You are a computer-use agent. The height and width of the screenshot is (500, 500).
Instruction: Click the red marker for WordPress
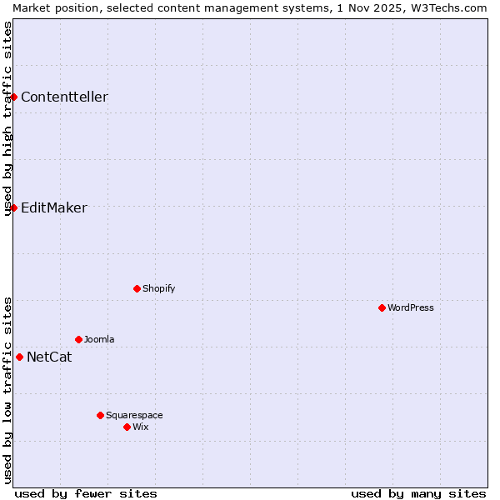pos(382,307)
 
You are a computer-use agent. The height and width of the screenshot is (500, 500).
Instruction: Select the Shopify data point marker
pos(137,288)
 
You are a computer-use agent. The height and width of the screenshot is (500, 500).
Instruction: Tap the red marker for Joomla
pos(78,339)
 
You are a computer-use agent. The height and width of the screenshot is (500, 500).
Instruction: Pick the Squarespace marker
pos(100,415)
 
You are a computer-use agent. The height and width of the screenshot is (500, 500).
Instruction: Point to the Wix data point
pos(127,427)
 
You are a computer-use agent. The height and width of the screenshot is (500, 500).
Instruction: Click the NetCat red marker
pos(19,357)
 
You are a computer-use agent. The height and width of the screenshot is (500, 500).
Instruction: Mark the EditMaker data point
pos(14,207)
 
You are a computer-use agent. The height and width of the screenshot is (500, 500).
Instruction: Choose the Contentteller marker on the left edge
pos(14,97)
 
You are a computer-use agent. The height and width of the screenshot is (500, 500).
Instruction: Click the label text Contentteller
pos(64,97)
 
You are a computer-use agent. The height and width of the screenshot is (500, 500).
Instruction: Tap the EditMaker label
pos(53,207)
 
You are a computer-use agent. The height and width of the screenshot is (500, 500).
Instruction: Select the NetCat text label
pos(49,357)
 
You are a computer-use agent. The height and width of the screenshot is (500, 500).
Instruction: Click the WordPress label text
pos(411,307)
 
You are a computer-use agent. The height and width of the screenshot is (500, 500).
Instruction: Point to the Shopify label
pos(158,288)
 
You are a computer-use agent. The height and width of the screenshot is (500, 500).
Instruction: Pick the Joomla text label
pos(99,339)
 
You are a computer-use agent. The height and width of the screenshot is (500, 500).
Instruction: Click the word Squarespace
pos(134,415)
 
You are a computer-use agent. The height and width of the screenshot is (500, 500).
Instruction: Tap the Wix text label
pos(141,427)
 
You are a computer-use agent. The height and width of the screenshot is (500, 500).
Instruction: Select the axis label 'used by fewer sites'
pos(86,493)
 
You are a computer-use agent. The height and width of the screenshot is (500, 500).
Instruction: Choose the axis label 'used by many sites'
pos(418,493)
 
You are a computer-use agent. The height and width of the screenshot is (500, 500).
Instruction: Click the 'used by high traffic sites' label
pos(7,118)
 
